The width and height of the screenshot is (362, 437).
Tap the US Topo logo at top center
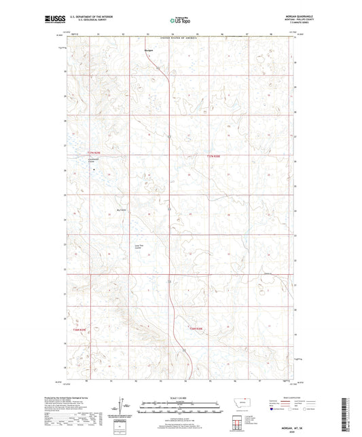tap(179, 21)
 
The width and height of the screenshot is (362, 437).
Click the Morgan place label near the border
tap(149, 50)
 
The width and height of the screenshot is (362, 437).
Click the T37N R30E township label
tap(214, 155)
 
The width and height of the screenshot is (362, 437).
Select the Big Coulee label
tap(122, 210)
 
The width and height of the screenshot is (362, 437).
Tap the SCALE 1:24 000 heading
tap(180, 398)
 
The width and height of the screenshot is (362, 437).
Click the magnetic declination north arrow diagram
tap(120, 406)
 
